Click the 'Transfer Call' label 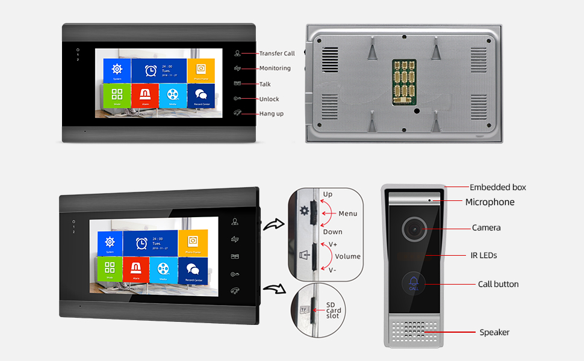click(277, 54)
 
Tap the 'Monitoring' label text click(275, 69)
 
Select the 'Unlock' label click(269, 99)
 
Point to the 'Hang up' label click(271, 114)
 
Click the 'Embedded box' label click(497, 187)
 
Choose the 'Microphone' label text click(489, 202)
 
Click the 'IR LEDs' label click(484, 256)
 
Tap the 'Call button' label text click(498, 284)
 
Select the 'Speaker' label click(494, 332)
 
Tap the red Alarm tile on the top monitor click(145, 95)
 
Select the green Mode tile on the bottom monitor click(110, 269)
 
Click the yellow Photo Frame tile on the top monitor click(200, 70)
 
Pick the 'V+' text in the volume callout click(333, 244)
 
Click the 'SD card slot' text click(334, 310)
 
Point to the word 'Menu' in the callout click(347, 214)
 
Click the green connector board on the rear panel click(405, 82)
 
